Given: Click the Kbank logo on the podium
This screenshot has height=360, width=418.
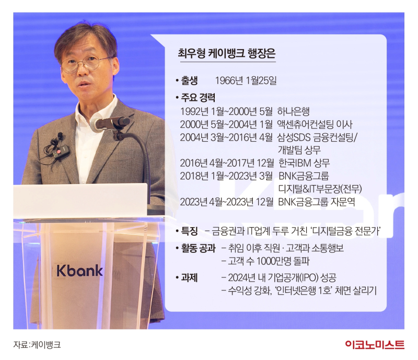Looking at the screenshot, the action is tap(79, 271).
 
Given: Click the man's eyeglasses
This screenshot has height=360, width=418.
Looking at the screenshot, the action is tap(85, 64).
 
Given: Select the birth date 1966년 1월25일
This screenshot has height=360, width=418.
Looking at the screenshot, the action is tap(246, 80).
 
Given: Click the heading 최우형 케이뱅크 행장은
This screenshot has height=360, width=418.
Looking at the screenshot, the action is tap(227, 53).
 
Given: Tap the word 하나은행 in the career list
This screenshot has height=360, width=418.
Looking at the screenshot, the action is tap(293, 111).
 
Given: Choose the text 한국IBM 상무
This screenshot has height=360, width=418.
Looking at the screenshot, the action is tap(304, 162).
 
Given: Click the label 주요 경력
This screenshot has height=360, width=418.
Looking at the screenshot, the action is tap(198, 98).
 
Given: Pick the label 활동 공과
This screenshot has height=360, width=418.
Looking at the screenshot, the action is tap(198, 248).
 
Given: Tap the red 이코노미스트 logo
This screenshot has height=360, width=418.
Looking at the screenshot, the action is tap(375, 344).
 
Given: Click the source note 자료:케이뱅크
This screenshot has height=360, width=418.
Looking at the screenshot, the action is tap(37, 344).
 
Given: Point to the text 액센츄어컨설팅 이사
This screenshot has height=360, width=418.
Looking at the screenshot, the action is tap(315, 124).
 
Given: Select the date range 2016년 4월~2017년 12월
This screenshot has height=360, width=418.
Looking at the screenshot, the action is tap(227, 162).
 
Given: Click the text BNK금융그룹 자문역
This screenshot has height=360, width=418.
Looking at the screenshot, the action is tap(317, 202).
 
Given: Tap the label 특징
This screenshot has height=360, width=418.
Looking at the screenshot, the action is tap(189, 231).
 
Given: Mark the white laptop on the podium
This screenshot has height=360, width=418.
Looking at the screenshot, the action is tap(80, 201).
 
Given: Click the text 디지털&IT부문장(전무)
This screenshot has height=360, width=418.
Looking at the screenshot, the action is tap(320, 189).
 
